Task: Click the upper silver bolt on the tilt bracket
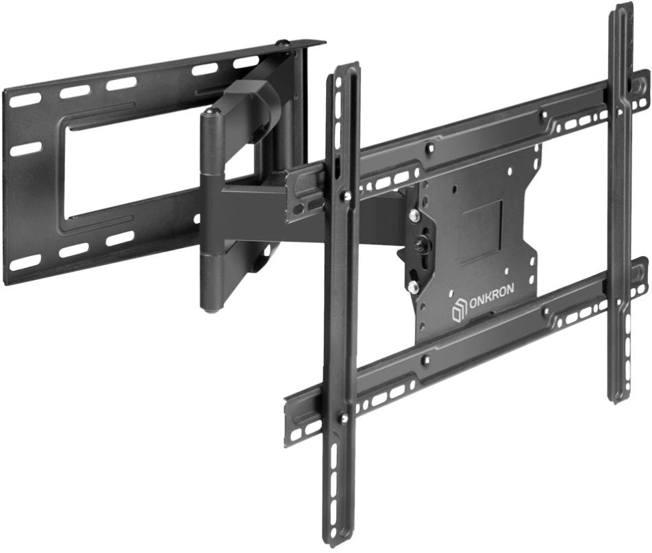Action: pos(414,215)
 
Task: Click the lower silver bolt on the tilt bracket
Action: pos(413,286)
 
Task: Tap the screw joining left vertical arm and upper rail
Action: pos(344,194)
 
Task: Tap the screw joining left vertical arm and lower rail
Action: pos(344,418)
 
